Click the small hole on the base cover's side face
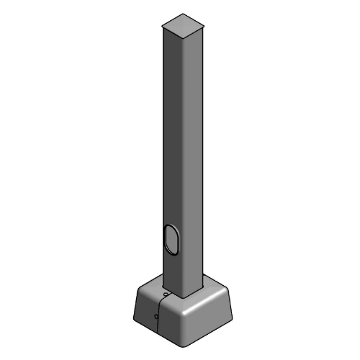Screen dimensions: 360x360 click(x=156, y=314)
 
